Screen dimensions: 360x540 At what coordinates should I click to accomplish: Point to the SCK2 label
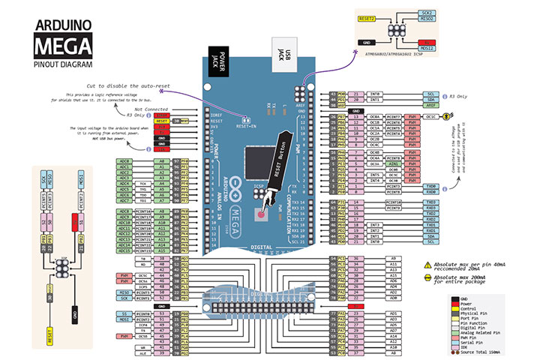tap(427, 13)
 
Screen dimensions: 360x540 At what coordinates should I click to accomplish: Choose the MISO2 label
tap(427, 19)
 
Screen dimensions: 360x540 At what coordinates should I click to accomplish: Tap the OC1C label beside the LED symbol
tap(431, 117)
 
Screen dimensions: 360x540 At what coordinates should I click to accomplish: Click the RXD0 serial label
tap(431, 192)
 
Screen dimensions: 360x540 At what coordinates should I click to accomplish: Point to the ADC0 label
tap(125, 160)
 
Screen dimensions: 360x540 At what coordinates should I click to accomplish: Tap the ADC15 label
tap(125, 250)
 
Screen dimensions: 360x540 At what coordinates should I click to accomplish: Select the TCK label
tap(142, 182)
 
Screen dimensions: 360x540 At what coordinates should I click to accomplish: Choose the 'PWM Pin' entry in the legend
tap(479, 332)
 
